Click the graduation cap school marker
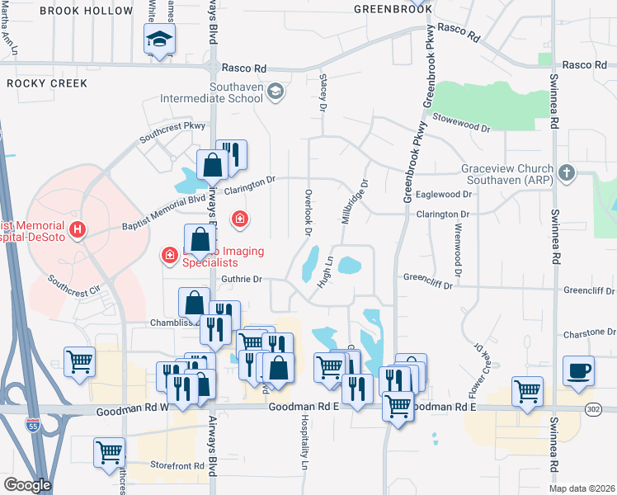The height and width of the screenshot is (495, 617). pyautogui.click(x=158, y=39)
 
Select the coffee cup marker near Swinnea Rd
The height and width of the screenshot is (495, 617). pyautogui.click(x=578, y=371)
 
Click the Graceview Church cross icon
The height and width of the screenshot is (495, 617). pyautogui.click(x=566, y=173)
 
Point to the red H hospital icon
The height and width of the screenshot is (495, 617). pyautogui.click(x=77, y=229)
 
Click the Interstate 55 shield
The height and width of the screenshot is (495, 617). pyautogui.click(x=32, y=426)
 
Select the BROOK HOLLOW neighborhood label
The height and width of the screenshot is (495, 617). pyautogui.click(x=86, y=11)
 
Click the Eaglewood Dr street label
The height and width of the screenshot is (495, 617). pyautogui.click(x=445, y=195)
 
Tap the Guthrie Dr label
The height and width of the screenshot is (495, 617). pyautogui.click(x=241, y=279)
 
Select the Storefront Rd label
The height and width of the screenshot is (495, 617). pyautogui.click(x=177, y=466)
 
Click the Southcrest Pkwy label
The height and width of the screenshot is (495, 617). pyautogui.click(x=172, y=131)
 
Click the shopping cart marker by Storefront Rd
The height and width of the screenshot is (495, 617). pyautogui.click(x=109, y=453)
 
